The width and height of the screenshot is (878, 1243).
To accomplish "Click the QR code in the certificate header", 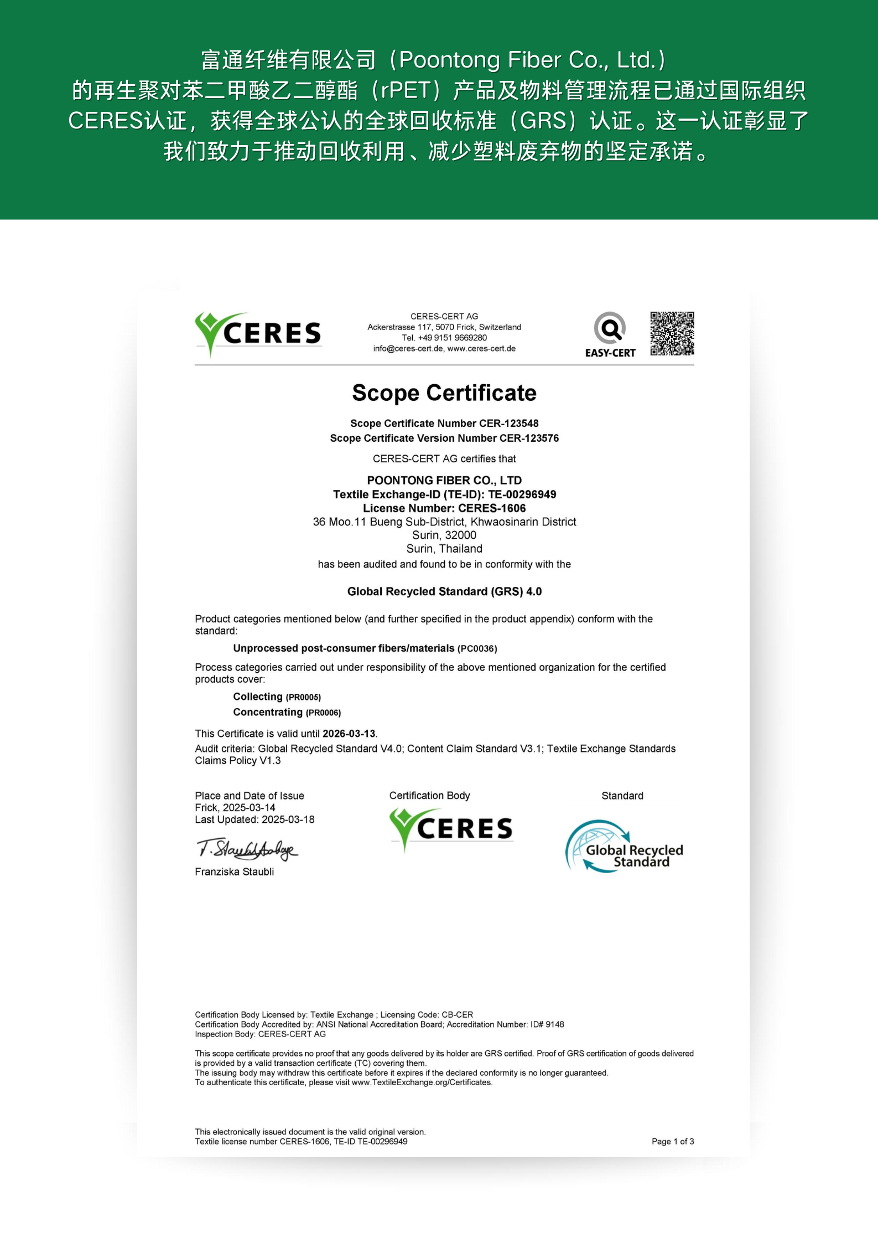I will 672,333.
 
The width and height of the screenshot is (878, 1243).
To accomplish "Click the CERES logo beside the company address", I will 258,333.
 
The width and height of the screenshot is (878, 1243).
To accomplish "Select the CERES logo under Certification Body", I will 451,829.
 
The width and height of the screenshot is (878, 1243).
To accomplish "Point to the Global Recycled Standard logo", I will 624,847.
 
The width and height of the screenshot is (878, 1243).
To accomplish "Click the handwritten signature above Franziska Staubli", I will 247,849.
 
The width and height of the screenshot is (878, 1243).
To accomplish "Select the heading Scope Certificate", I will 444,393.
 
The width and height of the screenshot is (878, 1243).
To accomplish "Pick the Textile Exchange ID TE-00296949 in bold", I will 522,494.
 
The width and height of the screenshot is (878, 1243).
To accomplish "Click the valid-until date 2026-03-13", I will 349,734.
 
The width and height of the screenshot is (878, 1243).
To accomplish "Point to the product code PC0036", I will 477,649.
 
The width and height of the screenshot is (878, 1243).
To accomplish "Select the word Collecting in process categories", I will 258,697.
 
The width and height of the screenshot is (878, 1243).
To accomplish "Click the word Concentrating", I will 268,712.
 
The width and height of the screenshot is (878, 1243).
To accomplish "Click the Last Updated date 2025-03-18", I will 288,819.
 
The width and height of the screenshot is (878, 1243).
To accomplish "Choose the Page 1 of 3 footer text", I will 672,1141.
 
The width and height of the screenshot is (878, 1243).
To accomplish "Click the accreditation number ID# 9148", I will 547,1024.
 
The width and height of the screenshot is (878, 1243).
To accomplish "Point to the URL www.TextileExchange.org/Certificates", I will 422,1082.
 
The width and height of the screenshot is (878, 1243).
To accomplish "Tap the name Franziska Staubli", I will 234,871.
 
